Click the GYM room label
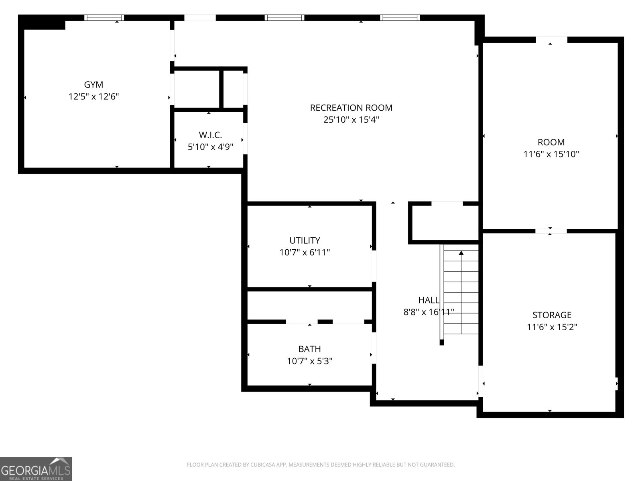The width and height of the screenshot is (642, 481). pyautogui.click(x=93, y=85)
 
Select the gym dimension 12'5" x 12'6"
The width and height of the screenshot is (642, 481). pyautogui.click(x=93, y=97)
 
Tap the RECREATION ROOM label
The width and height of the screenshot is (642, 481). pyautogui.click(x=351, y=108)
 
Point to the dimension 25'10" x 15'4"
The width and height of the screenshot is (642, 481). pyautogui.click(x=351, y=120)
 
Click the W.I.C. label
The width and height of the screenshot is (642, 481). pyautogui.click(x=210, y=135)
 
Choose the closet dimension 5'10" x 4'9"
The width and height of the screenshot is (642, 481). pyautogui.click(x=210, y=147)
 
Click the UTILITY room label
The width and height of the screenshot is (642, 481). pyautogui.click(x=305, y=240)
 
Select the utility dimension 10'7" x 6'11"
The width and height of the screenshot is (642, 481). pyautogui.click(x=305, y=253)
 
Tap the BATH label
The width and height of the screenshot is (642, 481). pyautogui.click(x=309, y=349)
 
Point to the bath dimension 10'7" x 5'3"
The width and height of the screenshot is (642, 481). pyautogui.click(x=309, y=361)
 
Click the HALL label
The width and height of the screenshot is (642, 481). pyautogui.click(x=429, y=300)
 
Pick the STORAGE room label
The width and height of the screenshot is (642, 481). pyautogui.click(x=552, y=315)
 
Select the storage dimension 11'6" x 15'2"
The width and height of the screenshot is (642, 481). pyautogui.click(x=552, y=327)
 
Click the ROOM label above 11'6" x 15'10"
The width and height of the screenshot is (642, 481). pyautogui.click(x=551, y=142)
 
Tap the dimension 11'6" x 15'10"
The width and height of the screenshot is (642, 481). pyautogui.click(x=551, y=154)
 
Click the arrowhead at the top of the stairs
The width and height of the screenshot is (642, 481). pyautogui.click(x=461, y=253)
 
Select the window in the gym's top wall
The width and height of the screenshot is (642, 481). pyautogui.click(x=104, y=18)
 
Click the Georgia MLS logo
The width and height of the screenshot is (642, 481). pyautogui.click(x=36, y=469)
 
